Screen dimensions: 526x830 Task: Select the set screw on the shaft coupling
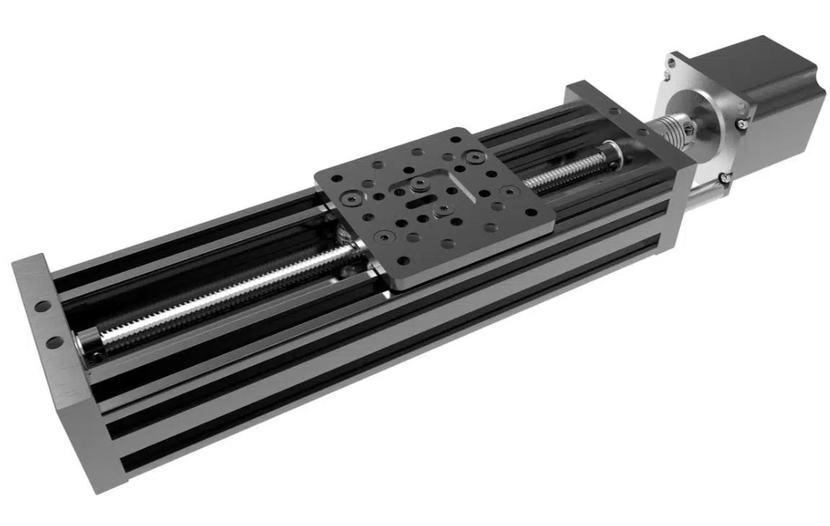689,129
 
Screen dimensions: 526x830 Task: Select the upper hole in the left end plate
43,306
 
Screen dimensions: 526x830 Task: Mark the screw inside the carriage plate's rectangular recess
418,184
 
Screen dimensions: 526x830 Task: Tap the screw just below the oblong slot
441,211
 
